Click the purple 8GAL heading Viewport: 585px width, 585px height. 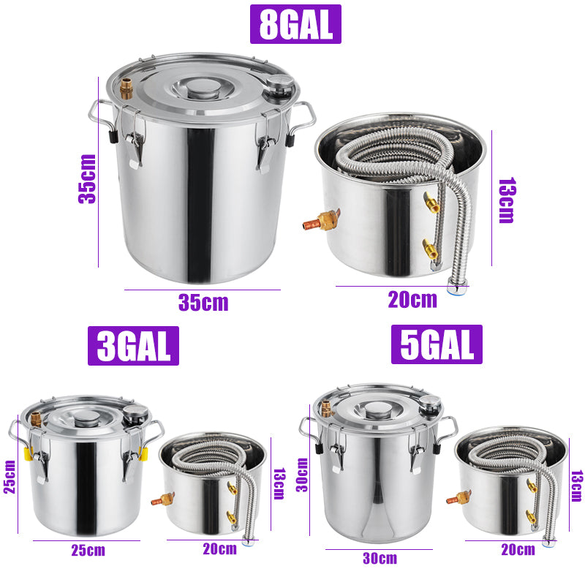tap(295, 24)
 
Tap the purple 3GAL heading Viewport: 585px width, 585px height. tap(133, 345)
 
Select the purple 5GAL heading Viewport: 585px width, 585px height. tap(437, 344)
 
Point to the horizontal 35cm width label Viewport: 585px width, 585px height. tap(203, 302)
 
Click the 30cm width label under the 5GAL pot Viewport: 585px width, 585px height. tap(380, 559)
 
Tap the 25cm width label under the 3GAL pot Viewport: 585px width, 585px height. tap(87, 550)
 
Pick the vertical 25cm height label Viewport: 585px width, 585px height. tap(10, 476)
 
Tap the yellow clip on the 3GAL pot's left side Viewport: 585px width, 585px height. tap(29, 454)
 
